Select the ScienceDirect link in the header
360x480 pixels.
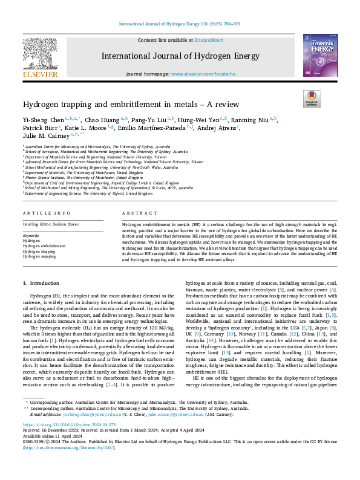(x=208, y=40)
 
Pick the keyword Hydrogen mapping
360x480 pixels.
(x=41, y=256)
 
